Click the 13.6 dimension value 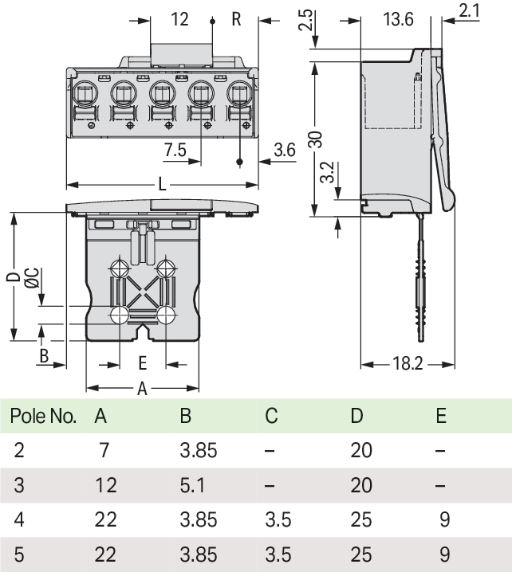[x=397, y=19]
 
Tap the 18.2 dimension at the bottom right [x=407, y=364]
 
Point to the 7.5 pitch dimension [x=175, y=149]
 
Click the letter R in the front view [x=236, y=19]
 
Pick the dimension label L [x=162, y=184]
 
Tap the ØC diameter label [x=31, y=278]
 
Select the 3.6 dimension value [x=285, y=149]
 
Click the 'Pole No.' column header [x=43, y=416]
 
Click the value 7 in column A [x=104, y=450]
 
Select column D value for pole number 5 [x=361, y=554]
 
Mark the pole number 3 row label [x=19, y=484]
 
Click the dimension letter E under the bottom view [x=142, y=363]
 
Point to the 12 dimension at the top [x=180, y=19]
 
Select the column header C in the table [x=271, y=416]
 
